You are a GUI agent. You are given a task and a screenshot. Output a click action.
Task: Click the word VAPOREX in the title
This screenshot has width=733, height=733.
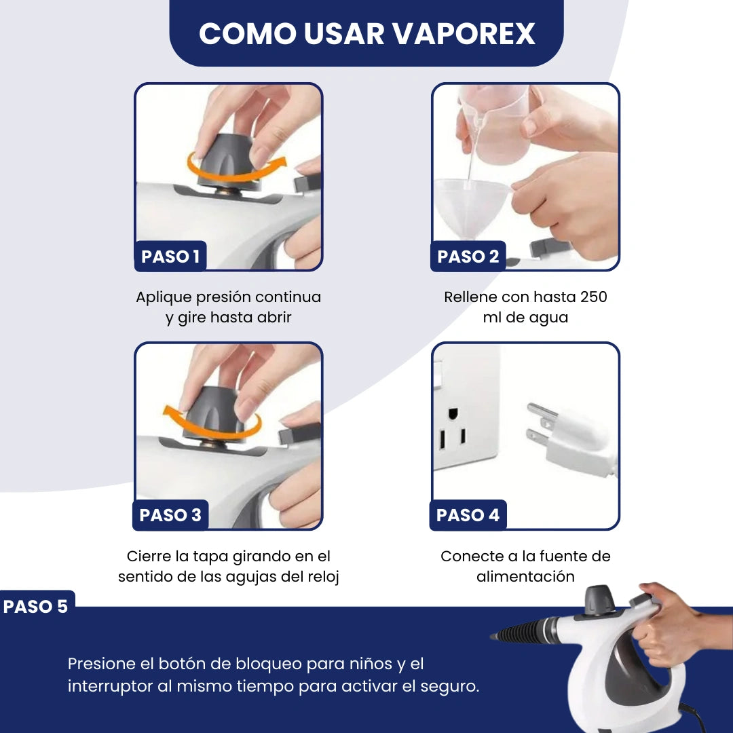pyautogui.click(x=464, y=34)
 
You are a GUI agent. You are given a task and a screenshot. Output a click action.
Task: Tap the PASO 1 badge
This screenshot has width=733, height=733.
pyautogui.click(x=170, y=256)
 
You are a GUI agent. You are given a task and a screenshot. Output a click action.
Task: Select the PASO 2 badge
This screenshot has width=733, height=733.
pyautogui.click(x=468, y=256)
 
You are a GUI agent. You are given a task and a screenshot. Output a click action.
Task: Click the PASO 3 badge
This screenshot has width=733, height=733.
pyautogui.click(x=170, y=515)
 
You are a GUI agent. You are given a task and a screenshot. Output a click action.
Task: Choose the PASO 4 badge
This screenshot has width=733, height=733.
pyautogui.click(x=468, y=515)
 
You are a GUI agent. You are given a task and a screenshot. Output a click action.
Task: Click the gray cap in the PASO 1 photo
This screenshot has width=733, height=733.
pyautogui.click(x=227, y=159)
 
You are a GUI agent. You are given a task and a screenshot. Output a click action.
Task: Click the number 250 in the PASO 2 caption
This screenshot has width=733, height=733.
pyautogui.click(x=593, y=297)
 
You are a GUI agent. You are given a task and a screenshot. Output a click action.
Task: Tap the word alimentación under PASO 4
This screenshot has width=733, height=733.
pyautogui.click(x=525, y=576)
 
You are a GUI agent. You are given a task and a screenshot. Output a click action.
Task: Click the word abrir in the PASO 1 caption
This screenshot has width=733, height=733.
pyautogui.click(x=274, y=318)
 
